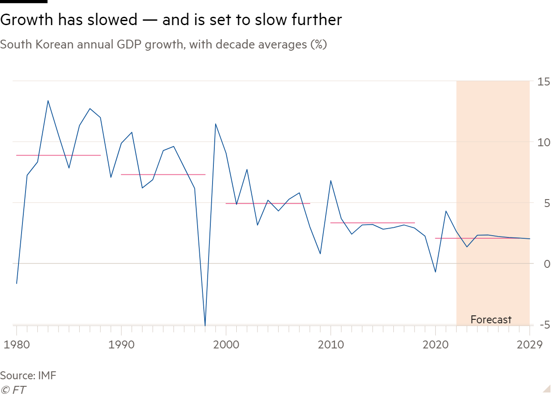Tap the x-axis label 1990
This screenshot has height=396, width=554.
pos(121,344)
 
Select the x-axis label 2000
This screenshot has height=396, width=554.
pos(226,344)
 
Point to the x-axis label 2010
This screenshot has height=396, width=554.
pos(330,344)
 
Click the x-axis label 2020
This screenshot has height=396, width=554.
pos(435,344)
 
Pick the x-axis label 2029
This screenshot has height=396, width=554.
pos(529,344)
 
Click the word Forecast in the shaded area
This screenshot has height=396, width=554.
pos(491,320)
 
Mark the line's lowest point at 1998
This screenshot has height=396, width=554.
pos(205,325)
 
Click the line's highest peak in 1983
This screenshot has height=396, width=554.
pos(48,101)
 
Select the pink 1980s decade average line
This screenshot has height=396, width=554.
pos(58,155)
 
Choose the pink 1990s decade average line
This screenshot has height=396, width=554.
pos(163,175)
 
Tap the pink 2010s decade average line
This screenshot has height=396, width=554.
pos(372,223)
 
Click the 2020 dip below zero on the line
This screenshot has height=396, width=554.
pos(435,272)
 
